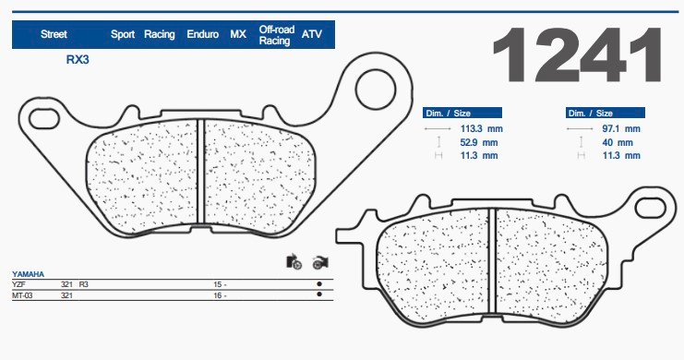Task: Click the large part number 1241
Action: point(577,54)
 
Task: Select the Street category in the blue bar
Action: point(54,34)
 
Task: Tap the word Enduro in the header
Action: point(202,34)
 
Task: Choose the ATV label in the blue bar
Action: point(311,34)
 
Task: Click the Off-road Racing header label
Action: point(277,35)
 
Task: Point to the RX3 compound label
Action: point(78,60)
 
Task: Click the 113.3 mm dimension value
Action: point(481,128)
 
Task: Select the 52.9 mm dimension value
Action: point(479,142)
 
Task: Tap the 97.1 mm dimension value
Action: point(621,128)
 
